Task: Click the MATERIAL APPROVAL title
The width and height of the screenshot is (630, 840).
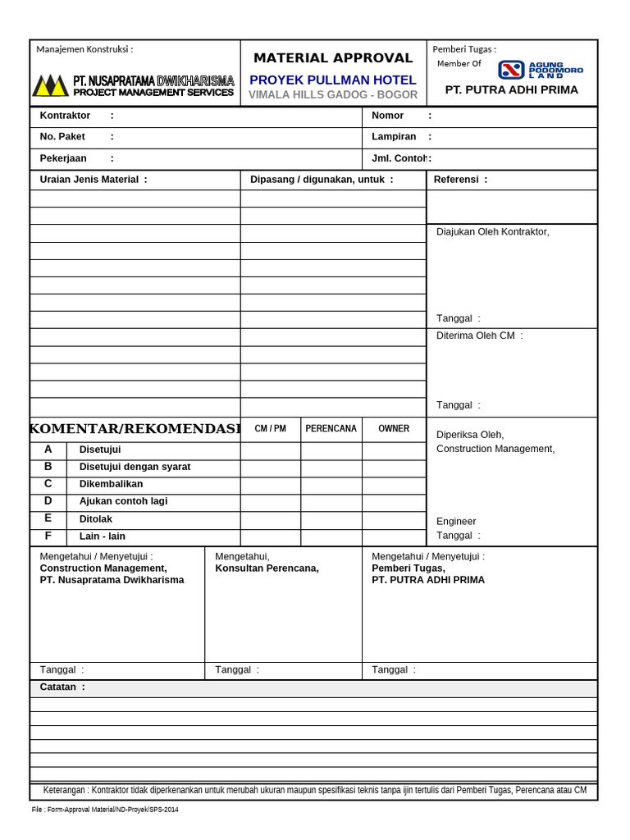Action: tap(333, 58)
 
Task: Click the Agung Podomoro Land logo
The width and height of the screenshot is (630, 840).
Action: tap(541, 70)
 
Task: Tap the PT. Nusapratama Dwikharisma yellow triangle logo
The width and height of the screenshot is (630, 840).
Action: tap(50, 85)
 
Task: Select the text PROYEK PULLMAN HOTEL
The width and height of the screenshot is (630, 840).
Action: tap(333, 80)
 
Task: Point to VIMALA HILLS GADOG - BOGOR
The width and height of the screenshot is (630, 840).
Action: tap(333, 95)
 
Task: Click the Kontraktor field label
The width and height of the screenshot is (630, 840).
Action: tap(65, 116)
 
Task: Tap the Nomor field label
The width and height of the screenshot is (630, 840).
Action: tap(387, 116)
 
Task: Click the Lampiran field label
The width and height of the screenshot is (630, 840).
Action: tap(394, 137)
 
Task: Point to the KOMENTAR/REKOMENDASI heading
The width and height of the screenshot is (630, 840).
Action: tap(135, 429)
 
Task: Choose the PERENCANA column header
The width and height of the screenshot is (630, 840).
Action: tap(331, 429)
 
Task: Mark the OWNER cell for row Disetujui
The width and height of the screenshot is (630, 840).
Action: tap(394, 450)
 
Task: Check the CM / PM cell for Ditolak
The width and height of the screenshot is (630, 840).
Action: tap(270, 520)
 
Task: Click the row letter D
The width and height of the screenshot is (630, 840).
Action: tap(48, 501)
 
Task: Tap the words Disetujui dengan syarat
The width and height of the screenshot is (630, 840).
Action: tap(135, 468)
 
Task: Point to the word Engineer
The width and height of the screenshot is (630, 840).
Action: tap(456, 522)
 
